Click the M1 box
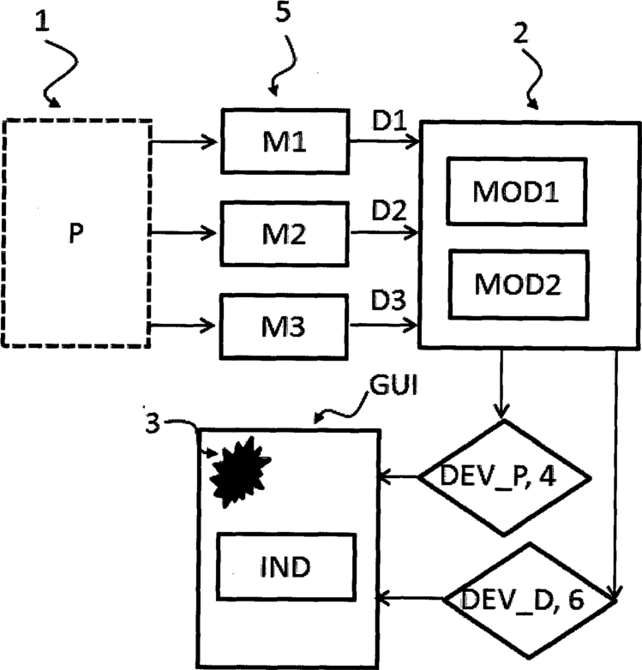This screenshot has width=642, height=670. tap(285, 141)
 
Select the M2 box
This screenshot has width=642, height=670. tap(285, 234)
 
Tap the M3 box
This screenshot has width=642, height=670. tap(284, 326)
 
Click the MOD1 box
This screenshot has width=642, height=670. tap(517, 191)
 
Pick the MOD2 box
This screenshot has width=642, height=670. tap(519, 284)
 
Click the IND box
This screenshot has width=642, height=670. tap(286, 567)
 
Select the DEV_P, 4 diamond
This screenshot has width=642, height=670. tap(504, 477)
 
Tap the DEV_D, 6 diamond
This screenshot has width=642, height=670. tap(530, 600)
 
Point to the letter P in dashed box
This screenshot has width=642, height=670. tap(76, 233)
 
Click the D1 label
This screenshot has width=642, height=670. tap(389, 121)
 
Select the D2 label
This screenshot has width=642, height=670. tap(389, 210)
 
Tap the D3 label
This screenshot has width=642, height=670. tap(388, 300)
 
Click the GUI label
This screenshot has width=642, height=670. tap(393, 385)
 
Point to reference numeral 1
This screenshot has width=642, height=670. tap(42, 21)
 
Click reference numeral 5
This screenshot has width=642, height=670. tap(283, 11)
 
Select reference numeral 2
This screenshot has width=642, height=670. tap(520, 33)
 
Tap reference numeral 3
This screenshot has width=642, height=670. tap(153, 423)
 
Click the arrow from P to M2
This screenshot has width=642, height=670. tap(183, 233)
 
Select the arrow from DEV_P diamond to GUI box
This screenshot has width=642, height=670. tap(399, 476)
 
